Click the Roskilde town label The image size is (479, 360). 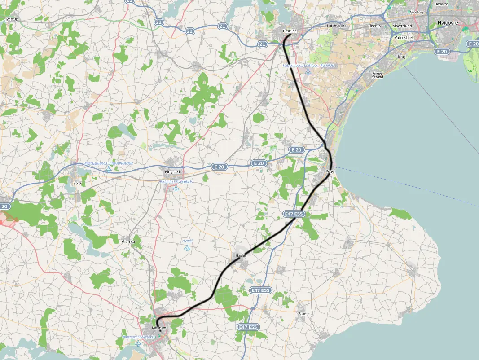click(x=290, y=31)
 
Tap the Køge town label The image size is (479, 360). click(x=330, y=171)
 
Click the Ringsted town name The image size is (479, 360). click(x=172, y=171)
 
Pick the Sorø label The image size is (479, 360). click(x=77, y=184)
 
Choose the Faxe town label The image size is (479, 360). click(x=302, y=314)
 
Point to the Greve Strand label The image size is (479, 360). click(x=378, y=75)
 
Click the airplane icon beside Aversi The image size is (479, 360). click(x=188, y=247)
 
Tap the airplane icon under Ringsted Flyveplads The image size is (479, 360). click(x=176, y=189)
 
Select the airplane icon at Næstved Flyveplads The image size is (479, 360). click(x=139, y=344)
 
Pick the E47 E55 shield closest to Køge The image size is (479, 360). click(x=295, y=215)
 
